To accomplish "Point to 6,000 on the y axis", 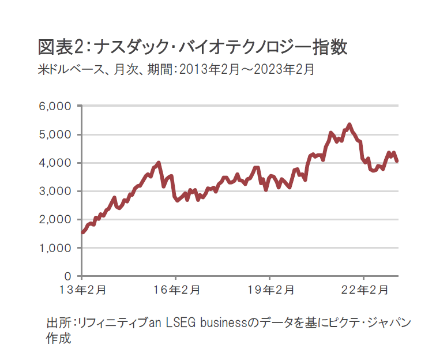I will pos(55,107).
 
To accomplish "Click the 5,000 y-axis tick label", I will pos(55,135).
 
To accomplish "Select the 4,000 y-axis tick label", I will pos(55,163).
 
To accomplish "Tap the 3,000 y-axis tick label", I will pos(55,192).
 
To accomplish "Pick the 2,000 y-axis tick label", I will pos(55,220).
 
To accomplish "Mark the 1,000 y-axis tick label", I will pos(55,248).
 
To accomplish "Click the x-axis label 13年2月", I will pos(82,290).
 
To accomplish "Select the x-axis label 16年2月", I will pos(176,290).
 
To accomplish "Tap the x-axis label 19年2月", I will pos(270,290).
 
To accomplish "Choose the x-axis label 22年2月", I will pos(364,290).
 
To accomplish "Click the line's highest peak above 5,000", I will pos(349,125).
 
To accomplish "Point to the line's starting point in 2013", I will pos(82,232).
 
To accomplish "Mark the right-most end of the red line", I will pos(397,161).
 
